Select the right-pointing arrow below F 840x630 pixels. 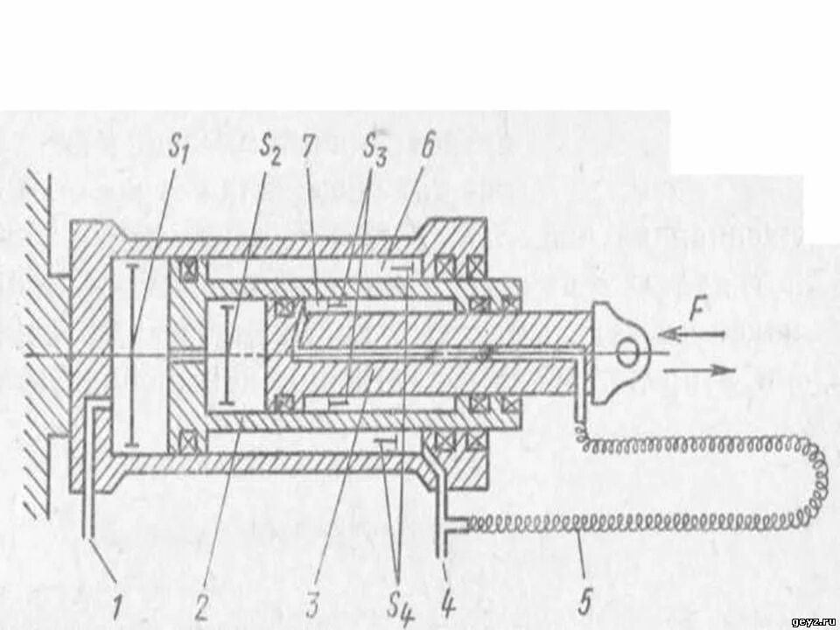coord(700,370)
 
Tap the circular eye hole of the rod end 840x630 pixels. coord(627,351)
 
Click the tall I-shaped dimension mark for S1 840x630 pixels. coord(130,353)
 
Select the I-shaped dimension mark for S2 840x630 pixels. coord(227,353)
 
